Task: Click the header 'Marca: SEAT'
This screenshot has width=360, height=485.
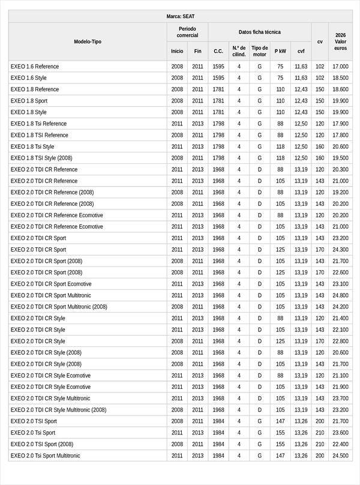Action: [x=181, y=16]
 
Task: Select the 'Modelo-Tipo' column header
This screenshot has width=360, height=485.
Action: [x=88, y=41]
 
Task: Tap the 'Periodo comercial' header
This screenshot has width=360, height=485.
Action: [x=187, y=32]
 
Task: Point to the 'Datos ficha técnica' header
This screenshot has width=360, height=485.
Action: [x=259, y=32]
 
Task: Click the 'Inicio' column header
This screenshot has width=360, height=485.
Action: [x=177, y=52]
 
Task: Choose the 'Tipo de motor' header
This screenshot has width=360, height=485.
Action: [x=260, y=51]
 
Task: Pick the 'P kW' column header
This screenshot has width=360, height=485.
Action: [x=280, y=52]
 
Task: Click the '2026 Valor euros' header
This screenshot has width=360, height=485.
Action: [x=340, y=41]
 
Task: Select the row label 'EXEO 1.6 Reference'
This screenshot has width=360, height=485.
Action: [x=35, y=67]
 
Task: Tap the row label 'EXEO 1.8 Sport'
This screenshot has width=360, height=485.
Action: [x=29, y=101]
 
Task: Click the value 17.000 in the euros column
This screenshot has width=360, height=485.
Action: [x=340, y=67]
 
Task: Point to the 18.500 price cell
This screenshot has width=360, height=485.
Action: [x=340, y=78]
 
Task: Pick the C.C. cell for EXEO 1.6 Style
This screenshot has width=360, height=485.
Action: [x=218, y=78]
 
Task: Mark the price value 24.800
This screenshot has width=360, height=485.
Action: [x=340, y=295]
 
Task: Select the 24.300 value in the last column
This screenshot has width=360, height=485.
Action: [x=340, y=250]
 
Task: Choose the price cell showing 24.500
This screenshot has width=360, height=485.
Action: [x=340, y=456]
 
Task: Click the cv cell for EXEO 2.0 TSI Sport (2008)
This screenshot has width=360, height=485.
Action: [x=320, y=444]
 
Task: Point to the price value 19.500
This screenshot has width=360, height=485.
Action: [x=340, y=158]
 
